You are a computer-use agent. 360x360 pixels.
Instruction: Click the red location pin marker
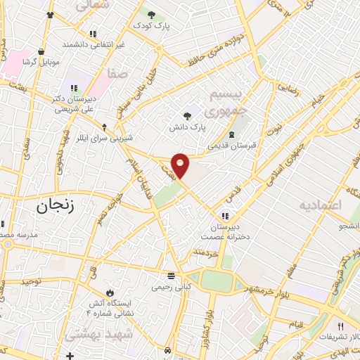(x=181, y=164)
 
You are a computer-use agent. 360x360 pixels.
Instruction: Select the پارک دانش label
(x=187, y=129)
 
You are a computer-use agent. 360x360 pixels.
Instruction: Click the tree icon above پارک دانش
(x=187, y=117)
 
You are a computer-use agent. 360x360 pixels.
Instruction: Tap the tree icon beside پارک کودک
(x=150, y=13)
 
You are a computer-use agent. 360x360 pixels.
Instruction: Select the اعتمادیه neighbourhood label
(x=320, y=205)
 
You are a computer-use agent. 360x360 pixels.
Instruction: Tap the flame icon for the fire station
(x=110, y=292)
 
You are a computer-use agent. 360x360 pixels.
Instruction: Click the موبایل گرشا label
(x=39, y=62)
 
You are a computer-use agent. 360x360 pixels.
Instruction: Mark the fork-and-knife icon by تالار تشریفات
(x=340, y=326)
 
